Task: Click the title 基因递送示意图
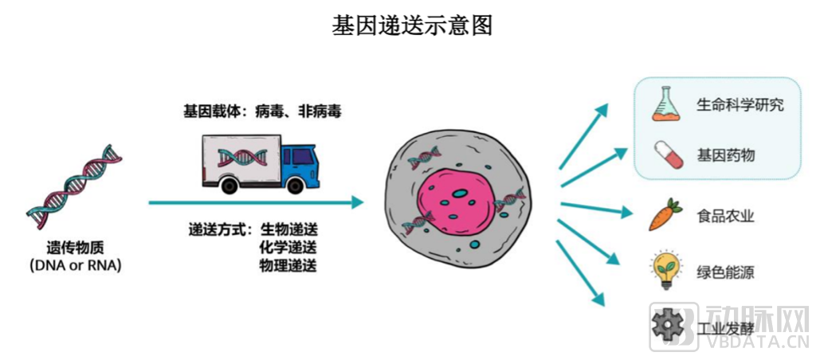coord(412,25)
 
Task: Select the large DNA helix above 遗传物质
coord(75,187)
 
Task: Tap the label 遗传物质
coord(75,248)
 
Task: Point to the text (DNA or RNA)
coord(75,266)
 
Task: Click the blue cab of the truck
coord(300,162)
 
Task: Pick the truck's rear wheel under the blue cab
coord(295,185)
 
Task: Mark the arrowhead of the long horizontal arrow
coord(357,202)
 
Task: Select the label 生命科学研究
coord(740,105)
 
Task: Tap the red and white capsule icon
coord(668,154)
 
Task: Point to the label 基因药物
coord(725,155)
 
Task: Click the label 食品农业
coord(725,216)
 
